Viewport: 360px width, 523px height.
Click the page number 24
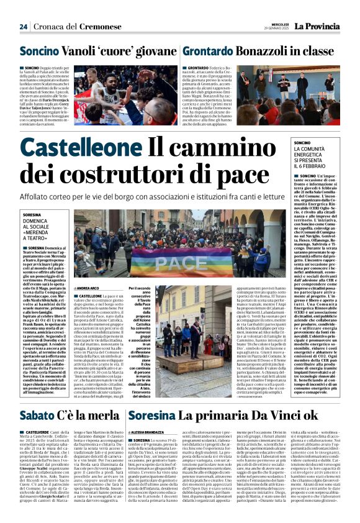point(24,27)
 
